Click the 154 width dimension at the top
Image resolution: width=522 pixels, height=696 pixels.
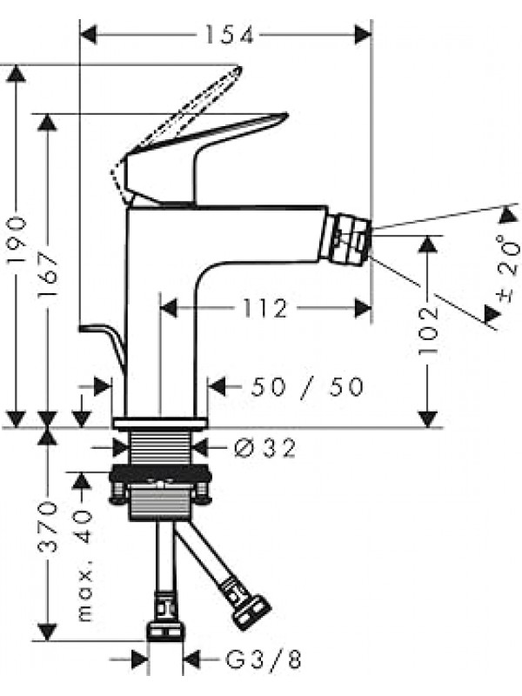click(229, 35)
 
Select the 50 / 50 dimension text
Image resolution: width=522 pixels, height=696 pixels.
click(306, 387)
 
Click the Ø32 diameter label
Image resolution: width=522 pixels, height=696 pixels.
click(265, 448)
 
